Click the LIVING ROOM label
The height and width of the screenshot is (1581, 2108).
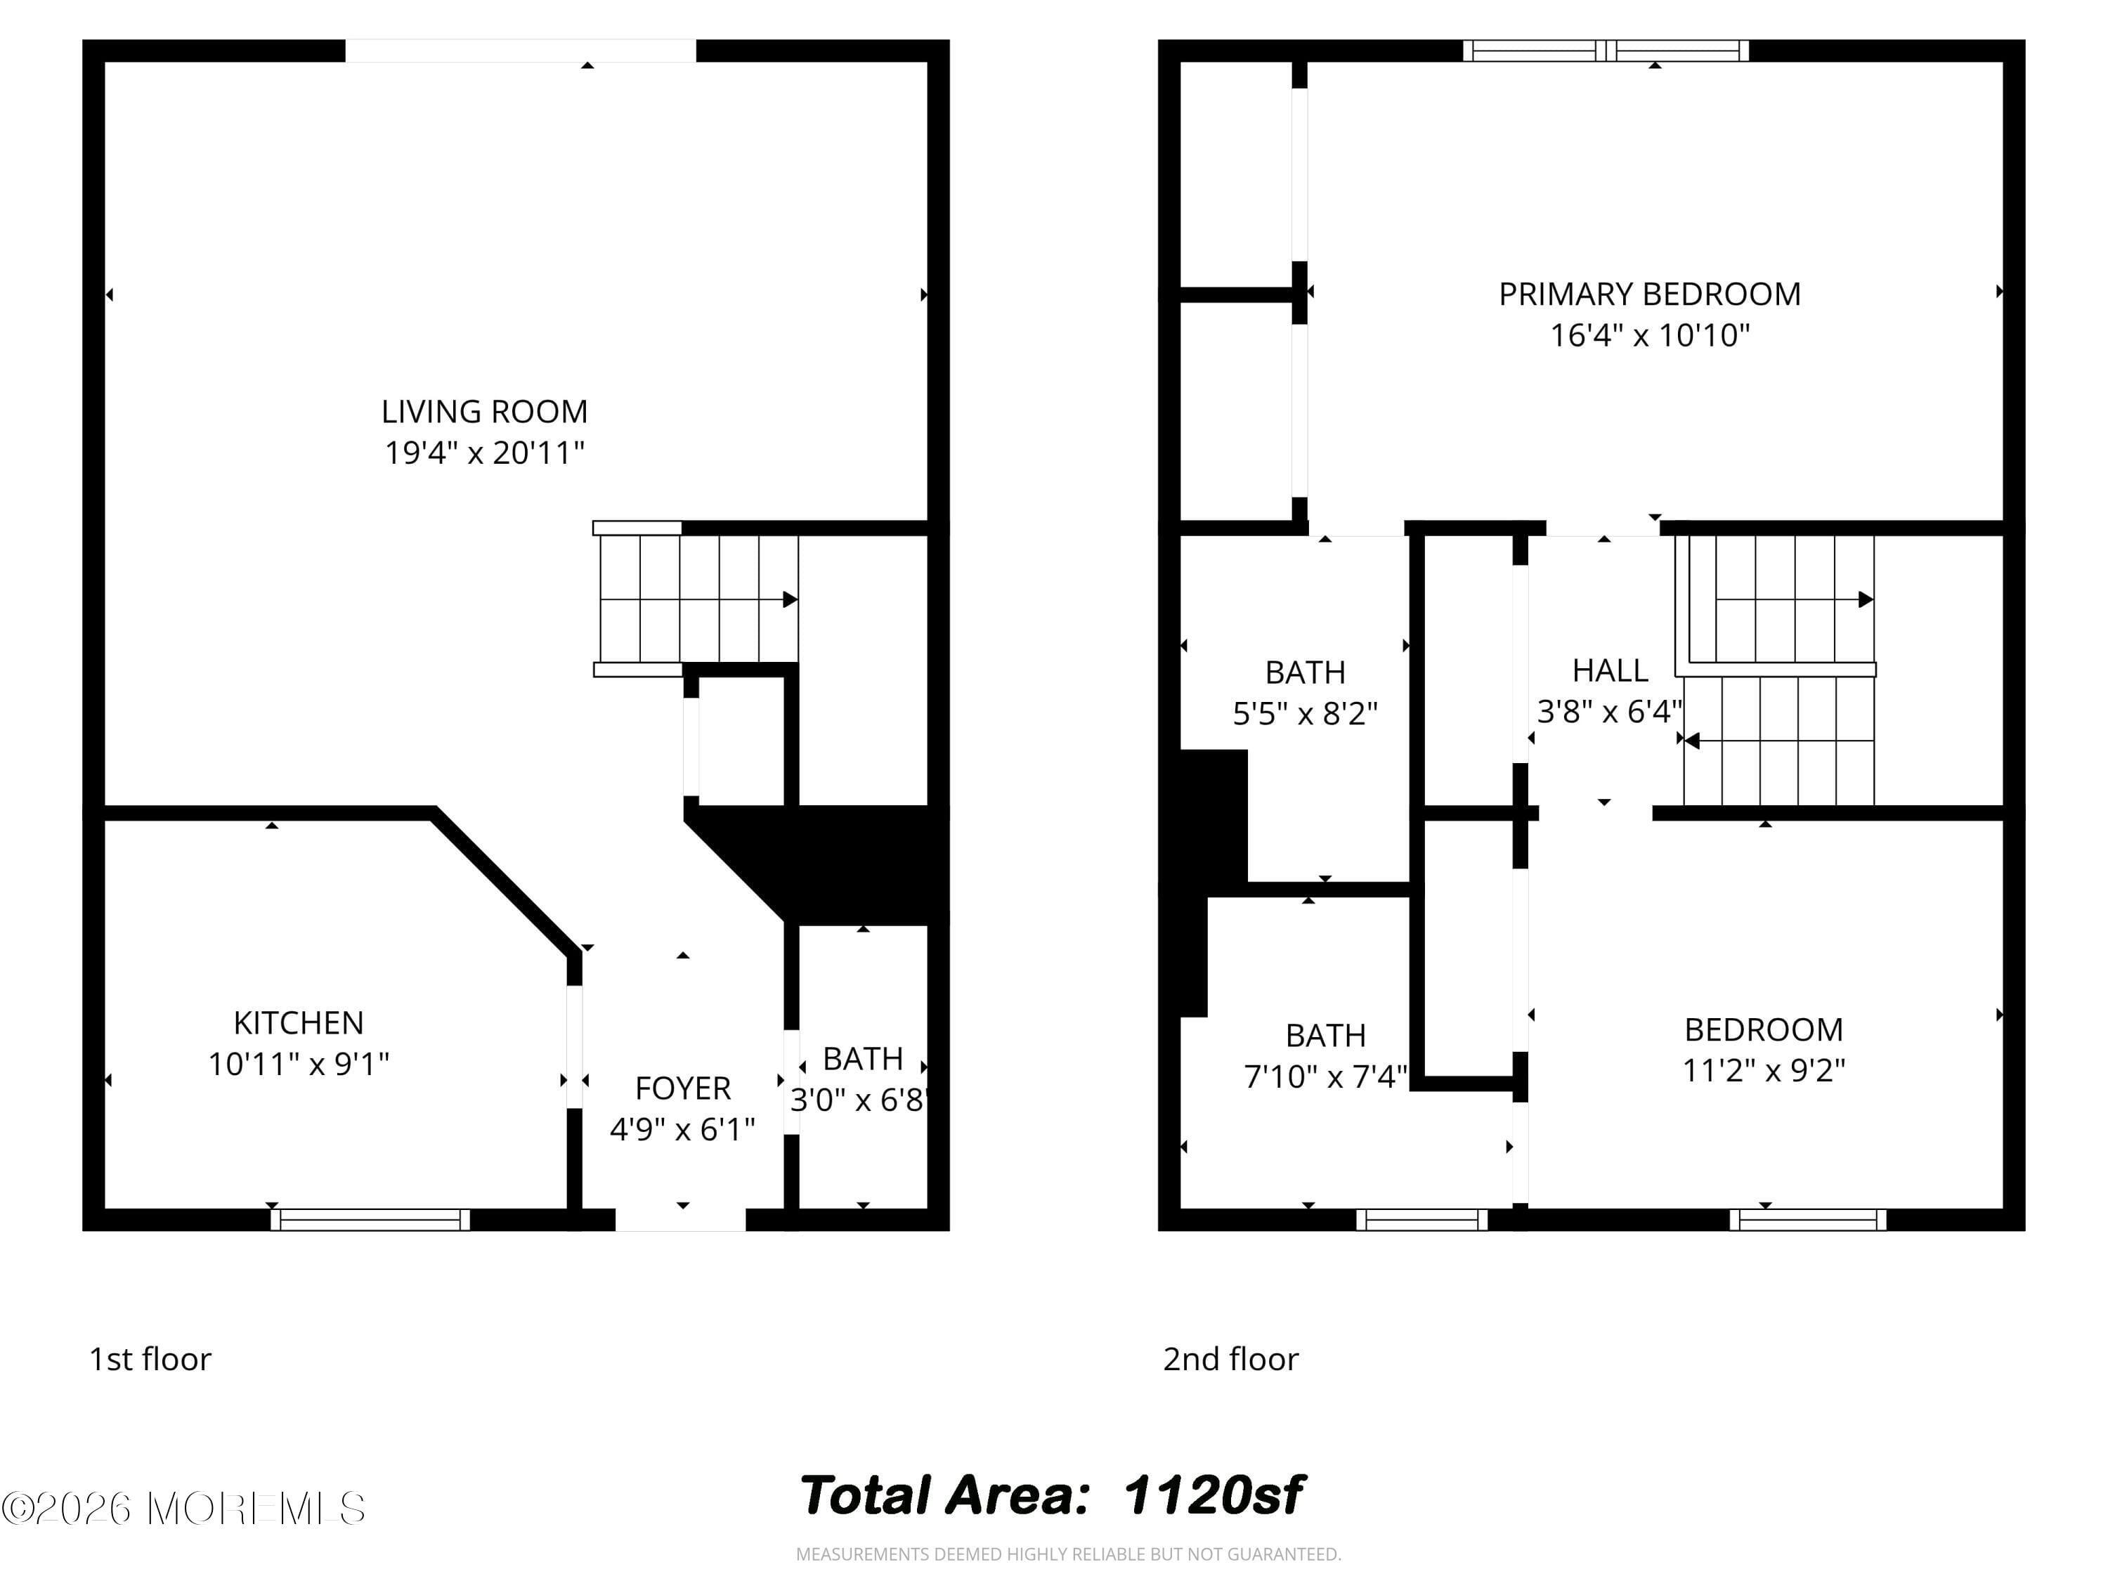484,412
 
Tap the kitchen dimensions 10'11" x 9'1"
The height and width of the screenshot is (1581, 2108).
299,1064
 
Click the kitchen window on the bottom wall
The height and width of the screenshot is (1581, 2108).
370,1220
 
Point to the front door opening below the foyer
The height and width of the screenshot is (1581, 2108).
680,1220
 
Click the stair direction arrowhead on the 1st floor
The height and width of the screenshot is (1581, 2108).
790,599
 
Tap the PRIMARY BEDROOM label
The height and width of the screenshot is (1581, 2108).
1650,294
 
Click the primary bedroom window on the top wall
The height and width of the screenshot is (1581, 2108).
1606,51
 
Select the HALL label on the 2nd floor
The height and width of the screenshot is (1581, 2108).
1610,671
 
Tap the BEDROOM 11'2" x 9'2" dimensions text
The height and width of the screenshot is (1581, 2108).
1763,1070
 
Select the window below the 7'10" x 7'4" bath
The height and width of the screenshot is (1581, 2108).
1421,1220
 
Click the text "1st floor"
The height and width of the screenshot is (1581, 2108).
150,1359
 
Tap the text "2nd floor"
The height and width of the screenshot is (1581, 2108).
1230,1359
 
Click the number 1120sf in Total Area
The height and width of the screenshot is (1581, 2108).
1212,1495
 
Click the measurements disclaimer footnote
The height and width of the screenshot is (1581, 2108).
1068,1554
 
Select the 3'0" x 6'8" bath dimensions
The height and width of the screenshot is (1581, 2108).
859,1100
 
